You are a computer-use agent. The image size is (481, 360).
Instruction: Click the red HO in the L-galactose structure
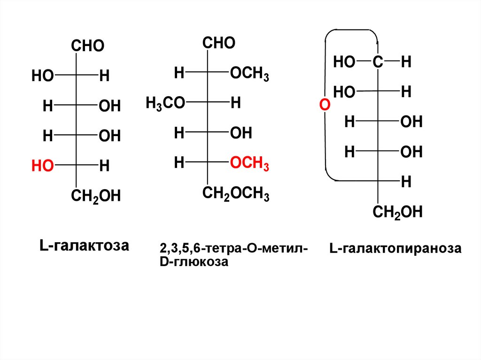coord(41,165)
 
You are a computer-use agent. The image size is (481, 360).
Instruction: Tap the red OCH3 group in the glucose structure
coord(249,164)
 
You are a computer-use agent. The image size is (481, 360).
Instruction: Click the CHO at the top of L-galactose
coord(87,46)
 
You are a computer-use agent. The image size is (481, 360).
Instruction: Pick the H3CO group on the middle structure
coord(165,103)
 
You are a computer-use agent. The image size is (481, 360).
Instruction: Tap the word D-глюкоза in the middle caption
coord(194,262)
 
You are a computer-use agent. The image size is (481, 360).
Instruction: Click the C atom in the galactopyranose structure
coord(378,61)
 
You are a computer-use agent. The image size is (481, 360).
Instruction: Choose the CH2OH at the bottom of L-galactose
coord(96,195)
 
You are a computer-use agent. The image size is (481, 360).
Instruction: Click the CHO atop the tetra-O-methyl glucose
coord(219,44)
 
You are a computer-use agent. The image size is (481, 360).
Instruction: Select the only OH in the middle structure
coord(241,133)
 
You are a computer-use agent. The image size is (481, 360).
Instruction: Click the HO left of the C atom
coord(344,61)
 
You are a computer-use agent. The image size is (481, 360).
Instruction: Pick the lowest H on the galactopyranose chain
coord(406,181)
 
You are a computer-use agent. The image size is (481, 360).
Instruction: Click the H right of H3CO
coord(235,103)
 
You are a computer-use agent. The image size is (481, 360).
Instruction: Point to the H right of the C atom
coord(406,61)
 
